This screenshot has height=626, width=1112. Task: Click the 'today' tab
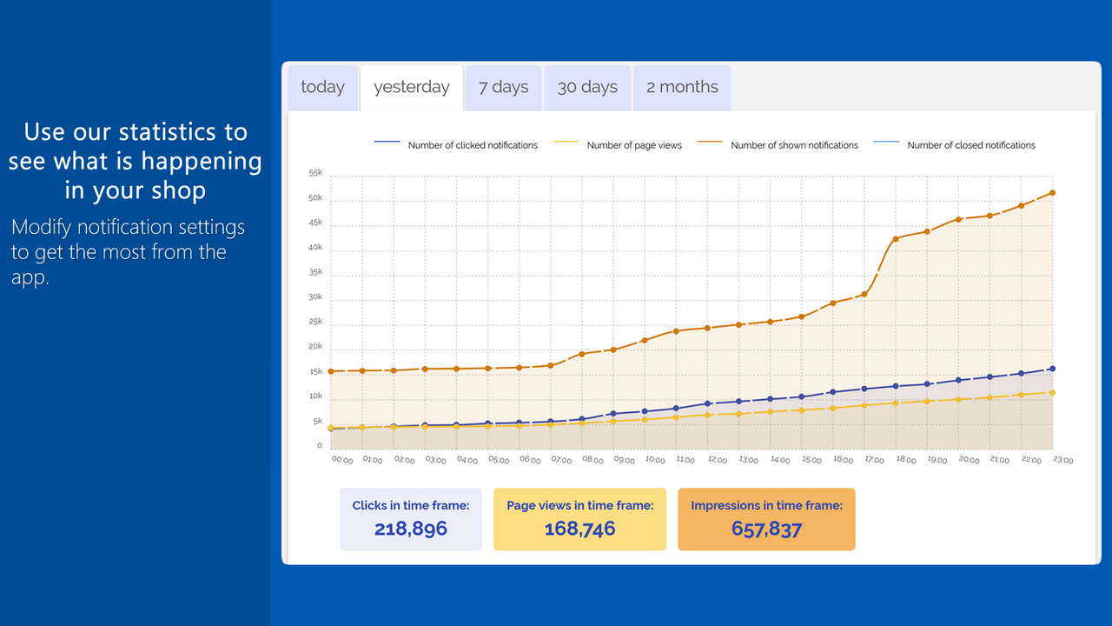point(322,87)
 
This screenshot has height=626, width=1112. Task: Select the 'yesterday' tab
point(412,87)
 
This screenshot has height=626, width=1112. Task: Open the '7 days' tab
point(504,87)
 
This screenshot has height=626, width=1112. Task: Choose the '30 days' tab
point(587,87)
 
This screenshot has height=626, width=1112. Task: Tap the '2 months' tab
point(682,87)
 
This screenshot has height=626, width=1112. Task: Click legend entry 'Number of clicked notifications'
point(473,145)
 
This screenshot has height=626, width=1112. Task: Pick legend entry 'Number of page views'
point(634,145)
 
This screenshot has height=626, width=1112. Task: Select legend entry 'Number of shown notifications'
point(794,145)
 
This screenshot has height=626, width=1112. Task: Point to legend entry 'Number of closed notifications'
point(971,145)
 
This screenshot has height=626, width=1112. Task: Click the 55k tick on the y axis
point(315,173)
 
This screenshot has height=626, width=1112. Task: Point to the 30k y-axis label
point(315,297)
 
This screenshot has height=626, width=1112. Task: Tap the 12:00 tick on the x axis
point(718,460)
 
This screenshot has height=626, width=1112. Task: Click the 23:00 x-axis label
point(1062,460)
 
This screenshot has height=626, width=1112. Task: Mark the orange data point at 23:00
point(1052,193)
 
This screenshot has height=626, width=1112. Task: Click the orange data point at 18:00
point(895,239)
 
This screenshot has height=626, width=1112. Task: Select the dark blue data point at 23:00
point(1052,369)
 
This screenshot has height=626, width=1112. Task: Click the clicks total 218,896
point(411,529)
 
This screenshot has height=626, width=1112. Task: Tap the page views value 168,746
point(579,529)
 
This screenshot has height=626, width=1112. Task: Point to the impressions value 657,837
point(766,529)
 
